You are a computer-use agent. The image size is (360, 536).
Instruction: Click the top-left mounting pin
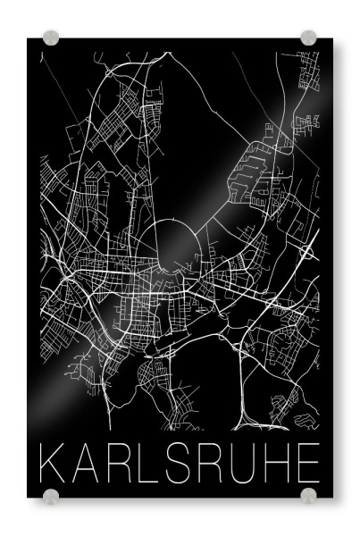click(x=51, y=38)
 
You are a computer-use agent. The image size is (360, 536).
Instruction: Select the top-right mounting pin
click(x=308, y=38)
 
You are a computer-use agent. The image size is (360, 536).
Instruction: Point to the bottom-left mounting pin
click(x=51, y=495)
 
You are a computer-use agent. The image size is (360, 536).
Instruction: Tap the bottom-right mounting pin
click(x=308, y=495)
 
